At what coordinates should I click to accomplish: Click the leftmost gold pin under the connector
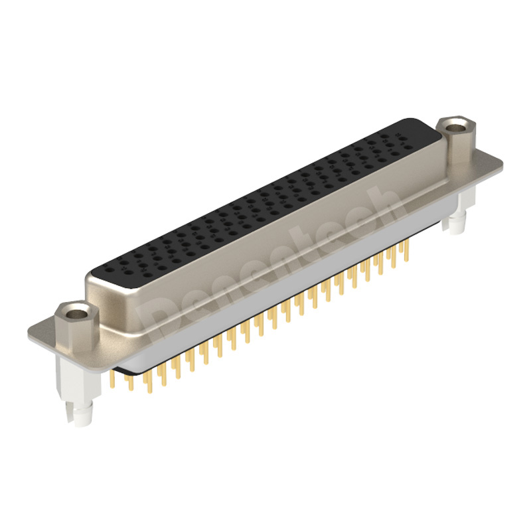coord(113,381)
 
